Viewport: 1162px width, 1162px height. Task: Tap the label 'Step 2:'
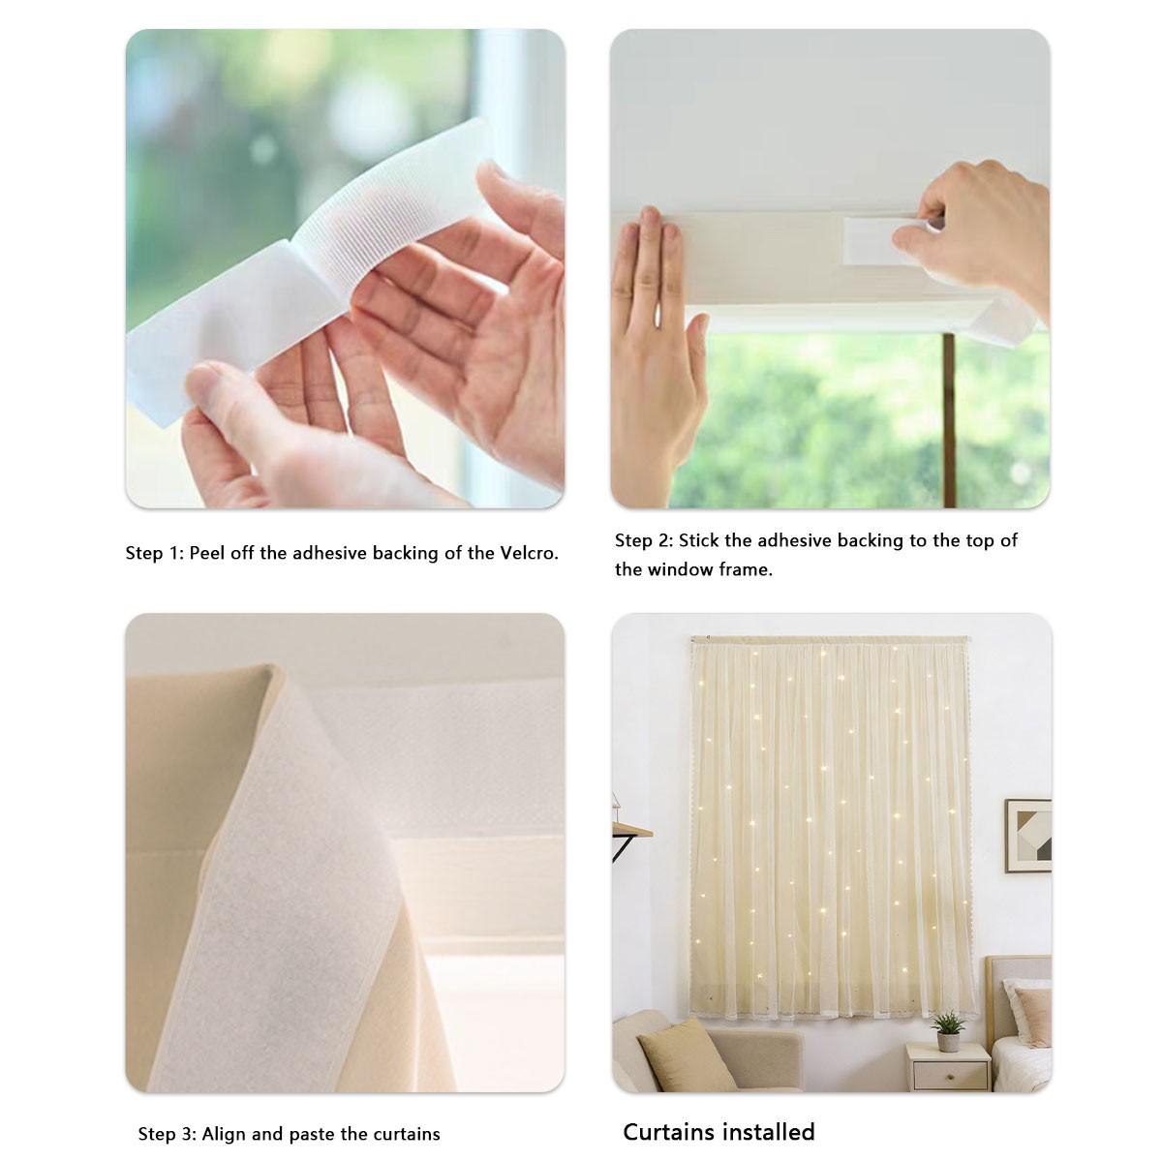643,540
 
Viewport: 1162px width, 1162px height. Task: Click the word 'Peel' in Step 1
206,553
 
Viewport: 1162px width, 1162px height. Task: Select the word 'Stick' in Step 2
698,540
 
